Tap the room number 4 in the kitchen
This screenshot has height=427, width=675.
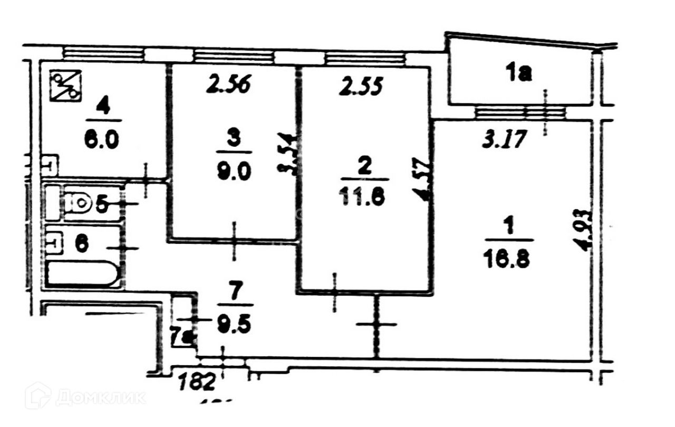(x=103, y=108)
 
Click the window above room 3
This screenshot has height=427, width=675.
(x=234, y=55)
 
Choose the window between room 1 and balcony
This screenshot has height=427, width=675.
(x=519, y=112)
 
